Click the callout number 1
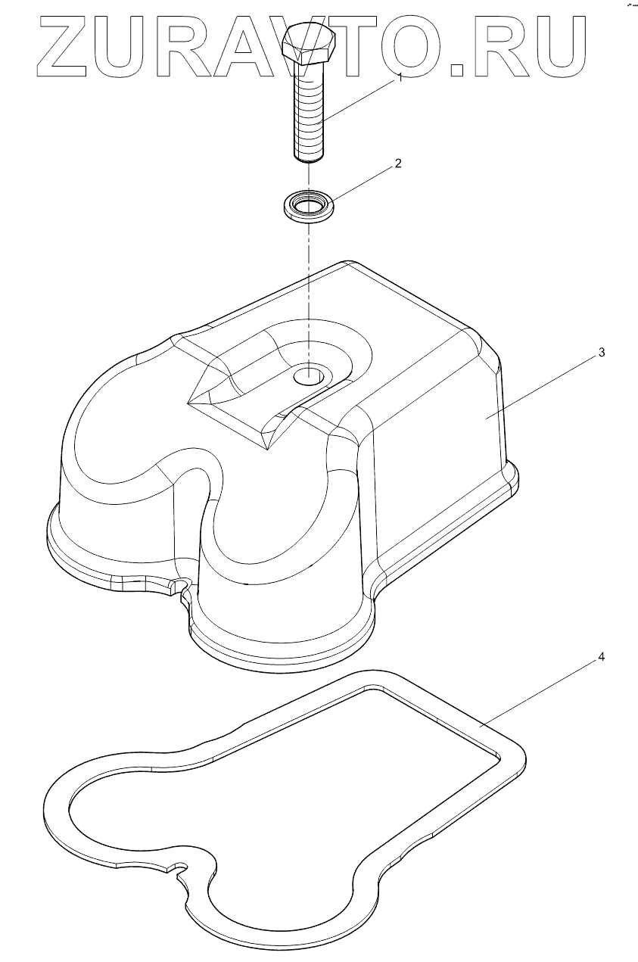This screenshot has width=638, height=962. tap(400, 79)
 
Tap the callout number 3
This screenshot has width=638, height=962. tap(601, 353)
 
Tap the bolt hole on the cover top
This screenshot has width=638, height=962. tap(309, 375)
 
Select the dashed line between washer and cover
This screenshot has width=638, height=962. tap(308, 295)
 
